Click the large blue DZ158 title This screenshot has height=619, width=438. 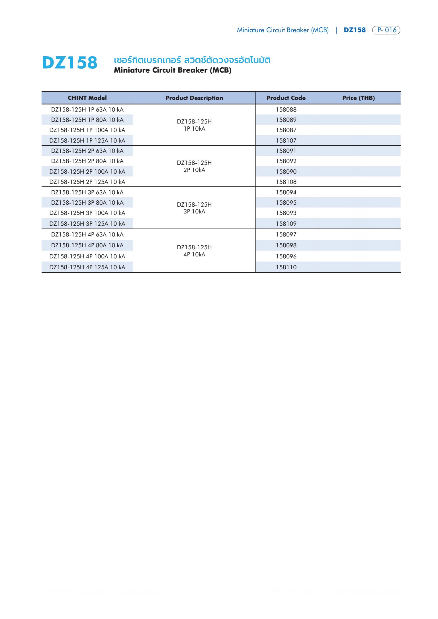pyautogui.click(x=70, y=63)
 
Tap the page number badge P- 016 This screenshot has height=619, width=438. pyautogui.click(x=386, y=30)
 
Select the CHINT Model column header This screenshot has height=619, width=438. pyautogui.click(x=87, y=98)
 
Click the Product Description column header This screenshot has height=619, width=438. pyautogui.click(x=194, y=98)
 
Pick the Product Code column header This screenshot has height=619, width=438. pyautogui.click(x=286, y=98)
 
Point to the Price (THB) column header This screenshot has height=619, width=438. pyautogui.click(x=359, y=98)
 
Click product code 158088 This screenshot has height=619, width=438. pyautogui.click(x=286, y=110)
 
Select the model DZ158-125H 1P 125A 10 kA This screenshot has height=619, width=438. pyautogui.click(x=87, y=141)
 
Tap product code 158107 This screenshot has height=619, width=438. pyautogui.click(x=286, y=141)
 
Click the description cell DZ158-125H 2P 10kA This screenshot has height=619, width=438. pyautogui.click(x=194, y=166)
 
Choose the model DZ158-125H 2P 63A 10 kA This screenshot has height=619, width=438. pyautogui.click(x=87, y=151)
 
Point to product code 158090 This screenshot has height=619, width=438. pyautogui.click(x=286, y=172)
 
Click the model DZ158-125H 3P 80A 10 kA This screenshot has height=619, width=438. pyautogui.click(x=87, y=203)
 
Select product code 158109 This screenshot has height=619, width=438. pyautogui.click(x=286, y=224)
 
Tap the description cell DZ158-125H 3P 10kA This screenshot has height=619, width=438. pyautogui.click(x=194, y=208)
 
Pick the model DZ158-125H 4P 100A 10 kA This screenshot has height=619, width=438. pyautogui.click(x=87, y=256)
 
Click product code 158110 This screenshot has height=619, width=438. pyautogui.click(x=286, y=267)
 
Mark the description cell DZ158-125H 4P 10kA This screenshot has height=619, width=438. pyautogui.click(x=194, y=251)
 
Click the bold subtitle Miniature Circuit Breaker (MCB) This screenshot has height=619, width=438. pyautogui.click(x=173, y=70)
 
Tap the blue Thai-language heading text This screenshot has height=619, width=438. pyautogui.click(x=192, y=60)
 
